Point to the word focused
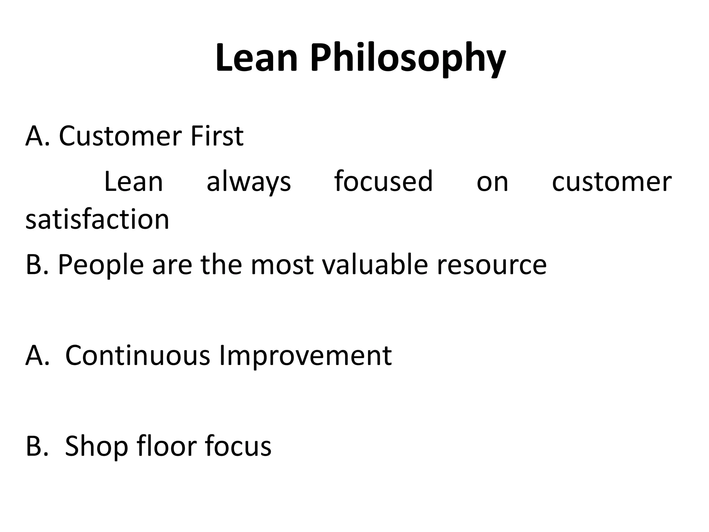click(383, 181)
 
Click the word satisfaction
click(97, 220)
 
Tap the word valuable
click(375, 265)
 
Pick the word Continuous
click(137, 355)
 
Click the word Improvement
click(305, 356)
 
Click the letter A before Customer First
click(35, 136)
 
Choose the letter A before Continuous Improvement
click(35, 355)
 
